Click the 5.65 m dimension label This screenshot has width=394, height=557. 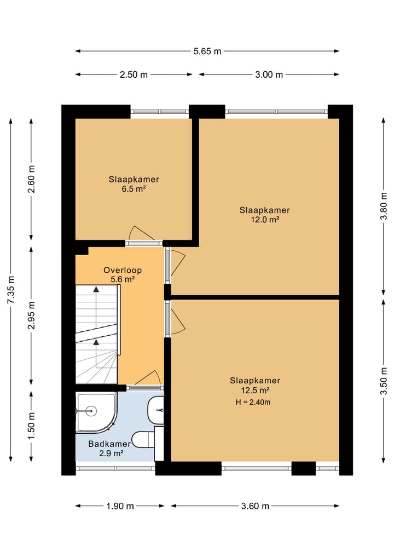207,51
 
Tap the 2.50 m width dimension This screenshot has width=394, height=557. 134,74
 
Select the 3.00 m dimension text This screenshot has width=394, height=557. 269,74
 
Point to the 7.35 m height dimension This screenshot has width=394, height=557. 11,290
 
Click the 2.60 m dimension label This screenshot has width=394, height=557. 32,179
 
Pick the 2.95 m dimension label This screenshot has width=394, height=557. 32,315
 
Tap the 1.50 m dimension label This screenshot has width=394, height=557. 32,425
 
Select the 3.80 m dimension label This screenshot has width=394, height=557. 384,206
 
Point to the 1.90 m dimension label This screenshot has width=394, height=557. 120,506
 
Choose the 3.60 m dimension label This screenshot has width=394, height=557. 255,506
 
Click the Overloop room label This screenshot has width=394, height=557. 123,270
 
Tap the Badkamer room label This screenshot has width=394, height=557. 109,444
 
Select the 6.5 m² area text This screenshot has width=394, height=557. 134,188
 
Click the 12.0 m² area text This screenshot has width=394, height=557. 265,220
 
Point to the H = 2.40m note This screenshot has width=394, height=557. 253,402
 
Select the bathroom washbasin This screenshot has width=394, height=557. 156,411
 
